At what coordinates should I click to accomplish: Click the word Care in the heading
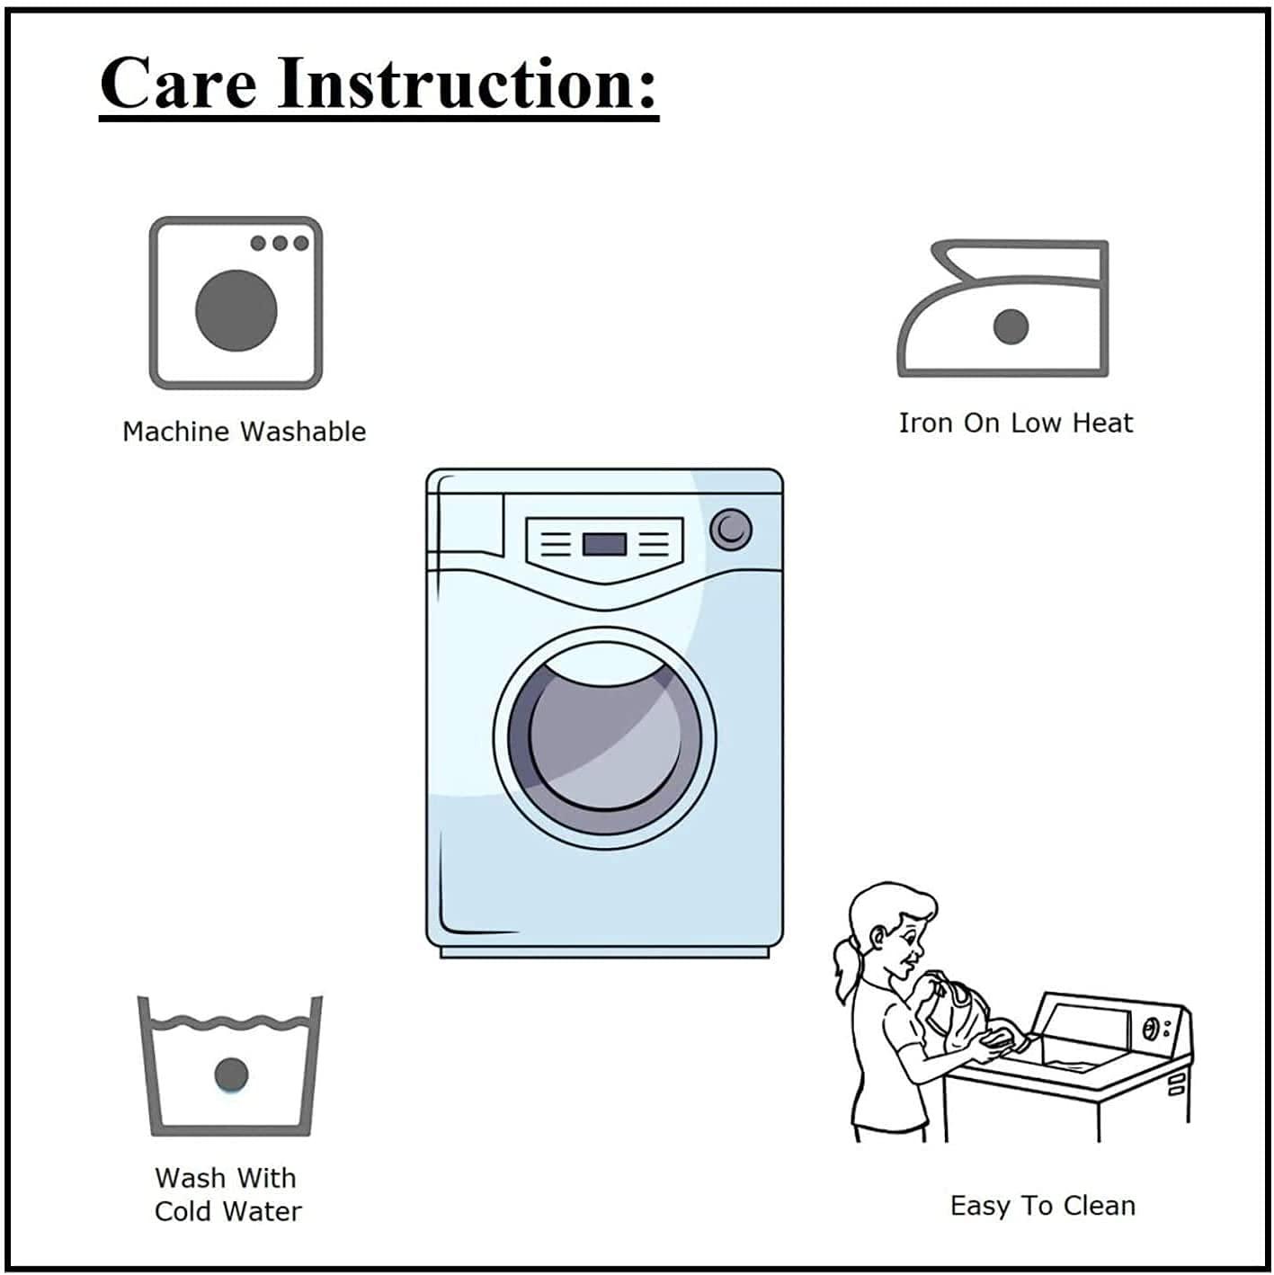[178, 84]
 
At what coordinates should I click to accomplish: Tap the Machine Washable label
[245, 432]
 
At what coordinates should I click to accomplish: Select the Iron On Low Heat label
[1015, 424]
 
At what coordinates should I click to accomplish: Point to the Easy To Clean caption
[1042, 1206]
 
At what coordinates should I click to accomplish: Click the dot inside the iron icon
[1011, 327]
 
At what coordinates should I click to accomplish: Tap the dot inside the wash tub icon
[232, 1074]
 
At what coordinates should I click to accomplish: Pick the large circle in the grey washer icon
[236, 311]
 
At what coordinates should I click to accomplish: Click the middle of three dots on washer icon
[280, 243]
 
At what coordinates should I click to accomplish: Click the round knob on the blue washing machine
[731, 530]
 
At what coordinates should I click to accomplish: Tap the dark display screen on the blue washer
[604, 545]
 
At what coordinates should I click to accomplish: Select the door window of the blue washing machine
[604, 737]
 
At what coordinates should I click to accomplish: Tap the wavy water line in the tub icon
[231, 1022]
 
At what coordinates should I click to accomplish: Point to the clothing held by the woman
[959, 1012]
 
